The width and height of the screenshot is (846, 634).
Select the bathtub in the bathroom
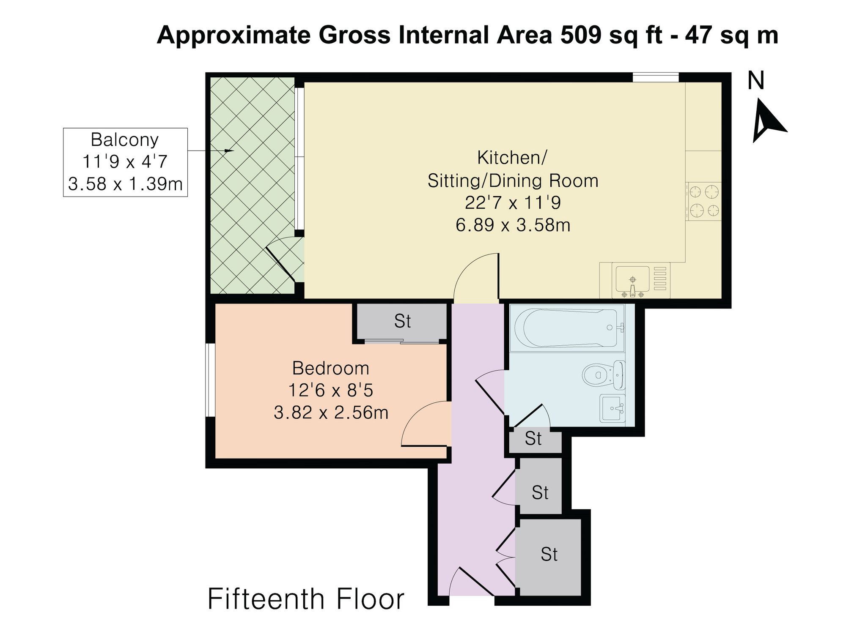(x=567, y=328)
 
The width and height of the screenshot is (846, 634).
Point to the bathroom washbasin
(x=613, y=408)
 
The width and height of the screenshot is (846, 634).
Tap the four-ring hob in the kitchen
(x=704, y=201)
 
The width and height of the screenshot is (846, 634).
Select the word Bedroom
(x=331, y=369)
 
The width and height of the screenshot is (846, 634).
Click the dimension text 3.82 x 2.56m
(x=331, y=413)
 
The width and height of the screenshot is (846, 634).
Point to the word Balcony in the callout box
(x=125, y=140)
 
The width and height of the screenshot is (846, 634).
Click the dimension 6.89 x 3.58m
(x=513, y=225)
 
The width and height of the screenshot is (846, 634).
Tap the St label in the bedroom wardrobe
(x=402, y=321)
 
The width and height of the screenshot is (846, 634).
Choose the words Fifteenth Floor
(x=306, y=599)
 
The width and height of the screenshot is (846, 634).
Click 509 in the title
(x=581, y=35)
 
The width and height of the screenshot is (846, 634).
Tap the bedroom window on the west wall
(x=210, y=380)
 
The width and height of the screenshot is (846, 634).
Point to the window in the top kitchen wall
(x=656, y=77)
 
